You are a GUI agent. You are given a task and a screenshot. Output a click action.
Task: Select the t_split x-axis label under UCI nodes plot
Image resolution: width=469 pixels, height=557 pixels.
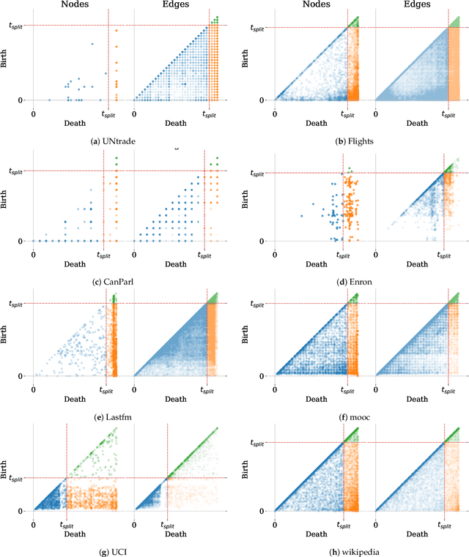click(x=67, y=526)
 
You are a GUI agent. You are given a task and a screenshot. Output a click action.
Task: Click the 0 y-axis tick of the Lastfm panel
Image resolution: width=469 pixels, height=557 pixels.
click(x=23, y=376)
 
